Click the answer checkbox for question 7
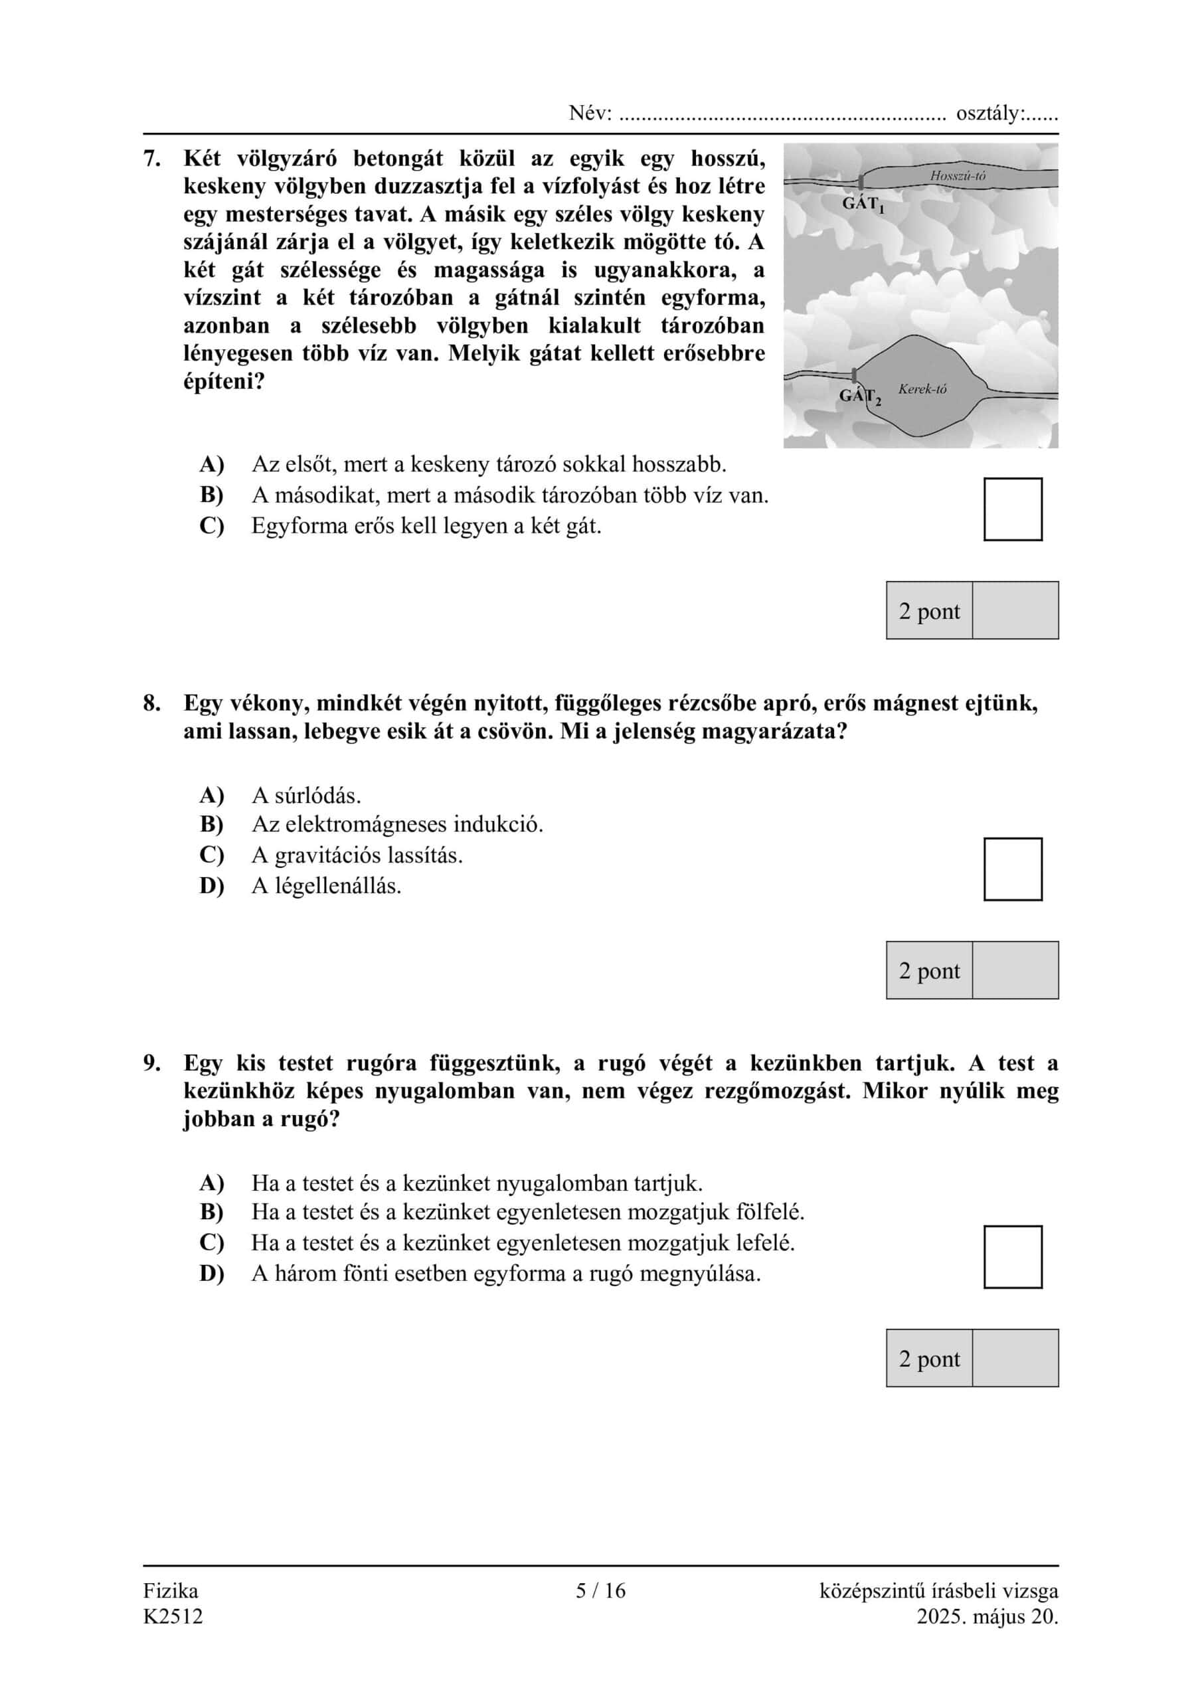click(1013, 509)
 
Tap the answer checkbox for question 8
click(1013, 869)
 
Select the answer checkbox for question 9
click(1013, 1256)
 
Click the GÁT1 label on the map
click(863, 204)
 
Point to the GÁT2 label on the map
click(860, 397)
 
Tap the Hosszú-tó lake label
click(958, 175)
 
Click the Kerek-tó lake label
click(922, 388)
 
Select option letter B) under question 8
click(212, 824)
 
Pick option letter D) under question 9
click(212, 1274)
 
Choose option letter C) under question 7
click(212, 526)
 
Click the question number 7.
click(152, 159)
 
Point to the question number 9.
click(152, 1063)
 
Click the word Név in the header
click(589, 114)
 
